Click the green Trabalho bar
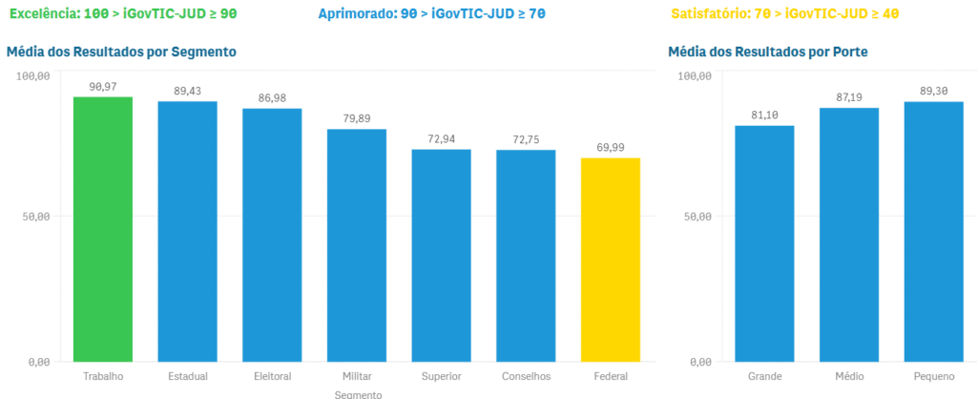coord(103,229)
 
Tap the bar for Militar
coord(357,245)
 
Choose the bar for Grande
coord(764,243)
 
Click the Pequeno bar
coord(933,232)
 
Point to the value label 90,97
coord(103,87)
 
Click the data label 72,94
coord(441,139)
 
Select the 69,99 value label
coord(610,147)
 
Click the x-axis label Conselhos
coord(526,376)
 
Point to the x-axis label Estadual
coord(188,376)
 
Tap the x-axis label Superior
coord(441,376)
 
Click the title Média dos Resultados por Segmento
coord(121,52)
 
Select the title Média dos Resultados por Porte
coord(768,52)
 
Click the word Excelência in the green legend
coord(44,14)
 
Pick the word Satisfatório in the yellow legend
coord(711,14)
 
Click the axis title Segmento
coord(359,393)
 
